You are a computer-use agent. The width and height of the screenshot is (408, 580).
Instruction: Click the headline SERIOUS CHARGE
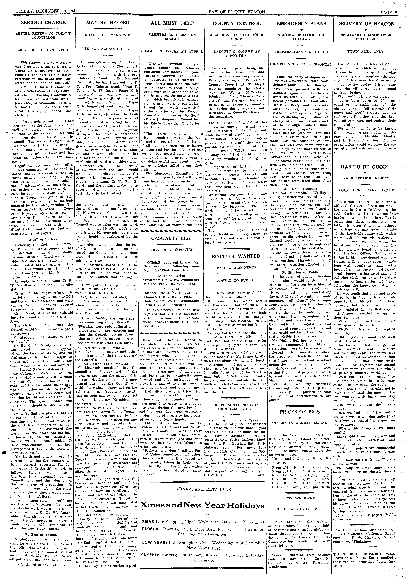[43, 22]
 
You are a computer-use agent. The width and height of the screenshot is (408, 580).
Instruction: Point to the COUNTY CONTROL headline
[237, 24]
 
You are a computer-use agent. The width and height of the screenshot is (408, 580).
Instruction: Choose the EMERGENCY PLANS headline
[301, 24]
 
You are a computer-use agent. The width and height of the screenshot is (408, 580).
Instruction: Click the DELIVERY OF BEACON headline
[366, 24]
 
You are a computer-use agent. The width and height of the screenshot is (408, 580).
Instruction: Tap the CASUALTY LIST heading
[171, 238]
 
